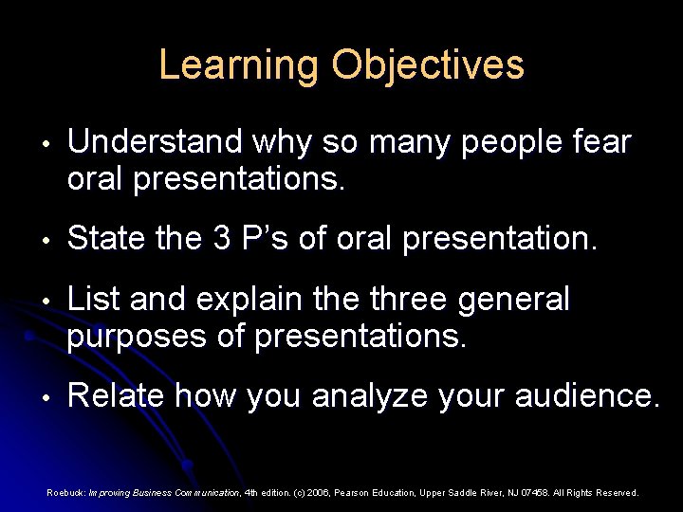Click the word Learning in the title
point(238,65)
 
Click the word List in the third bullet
point(93,301)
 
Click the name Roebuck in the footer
point(65,493)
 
